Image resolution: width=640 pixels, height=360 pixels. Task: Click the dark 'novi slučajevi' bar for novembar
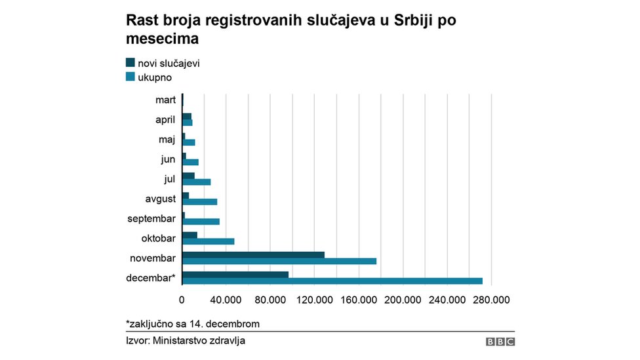(x=253, y=254)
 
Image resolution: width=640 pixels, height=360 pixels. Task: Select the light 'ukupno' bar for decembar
(x=332, y=281)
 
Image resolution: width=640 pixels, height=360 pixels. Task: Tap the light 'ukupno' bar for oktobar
(x=208, y=241)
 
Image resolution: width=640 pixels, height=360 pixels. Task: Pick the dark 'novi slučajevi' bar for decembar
(x=235, y=274)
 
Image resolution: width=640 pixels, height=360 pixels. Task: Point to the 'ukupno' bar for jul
(x=196, y=182)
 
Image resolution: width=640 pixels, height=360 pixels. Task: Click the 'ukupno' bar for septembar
(x=201, y=222)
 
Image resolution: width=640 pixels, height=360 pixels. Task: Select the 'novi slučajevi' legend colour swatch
(x=130, y=63)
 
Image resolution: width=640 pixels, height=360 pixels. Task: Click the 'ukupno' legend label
(x=155, y=77)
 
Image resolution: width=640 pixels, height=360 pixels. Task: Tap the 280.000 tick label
(x=491, y=300)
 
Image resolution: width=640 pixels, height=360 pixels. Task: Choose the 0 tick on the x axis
(x=182, y=300)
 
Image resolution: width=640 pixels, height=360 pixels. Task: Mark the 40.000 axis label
(x=226, y=300)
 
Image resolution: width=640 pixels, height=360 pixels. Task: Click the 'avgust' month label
(x=160, y=199)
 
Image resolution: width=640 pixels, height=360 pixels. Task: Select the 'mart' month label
(x=165, y=100)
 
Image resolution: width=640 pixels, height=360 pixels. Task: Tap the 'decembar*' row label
(x=151, y=278)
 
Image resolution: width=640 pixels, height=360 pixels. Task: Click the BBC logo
(x=500, y=342)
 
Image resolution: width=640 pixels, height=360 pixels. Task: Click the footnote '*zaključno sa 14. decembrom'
(x=193, y=324)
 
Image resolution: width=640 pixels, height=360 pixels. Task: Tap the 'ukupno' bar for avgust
(x=199, y=201)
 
